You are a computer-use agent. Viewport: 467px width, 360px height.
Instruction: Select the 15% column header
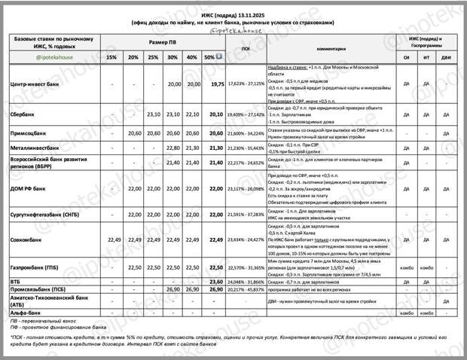111,57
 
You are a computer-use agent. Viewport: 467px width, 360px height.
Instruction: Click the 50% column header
211,57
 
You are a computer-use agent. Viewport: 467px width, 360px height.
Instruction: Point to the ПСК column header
246,48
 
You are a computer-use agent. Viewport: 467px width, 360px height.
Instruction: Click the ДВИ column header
446,57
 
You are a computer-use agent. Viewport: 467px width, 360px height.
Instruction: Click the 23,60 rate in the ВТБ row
217,280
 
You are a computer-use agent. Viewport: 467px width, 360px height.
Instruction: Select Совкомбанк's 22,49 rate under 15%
111,239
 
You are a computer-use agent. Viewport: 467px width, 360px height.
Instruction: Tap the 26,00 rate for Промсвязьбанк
217,288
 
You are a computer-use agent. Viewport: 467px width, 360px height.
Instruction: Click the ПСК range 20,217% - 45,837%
246,288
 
